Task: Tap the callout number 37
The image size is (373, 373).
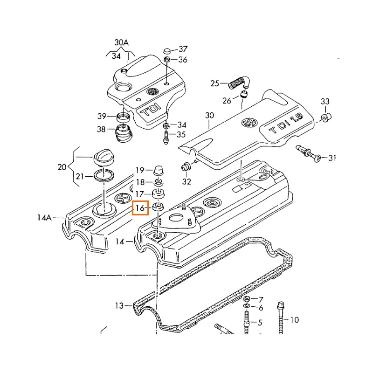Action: [x=182, y=49]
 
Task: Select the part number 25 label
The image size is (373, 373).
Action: [x=214, y=83]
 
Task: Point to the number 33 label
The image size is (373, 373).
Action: [x=325, y=102]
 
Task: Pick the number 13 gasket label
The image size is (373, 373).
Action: [x=120, y=306]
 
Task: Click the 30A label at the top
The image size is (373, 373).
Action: [x=121, y=42]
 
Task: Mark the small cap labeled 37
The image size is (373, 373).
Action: [x=168, y=50]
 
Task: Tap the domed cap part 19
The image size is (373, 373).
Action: [x=159, y=170]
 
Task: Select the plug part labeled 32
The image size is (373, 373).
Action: [x=186, y=166]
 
